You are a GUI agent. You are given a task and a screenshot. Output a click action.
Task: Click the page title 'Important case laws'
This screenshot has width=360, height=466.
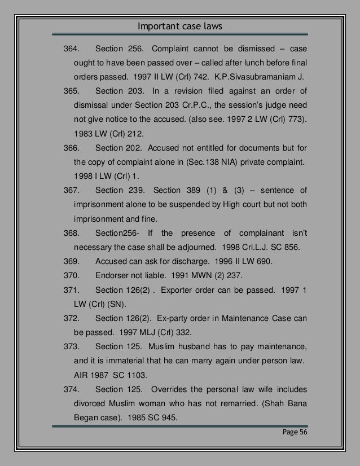pyautogui.click(x=179, y=26)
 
